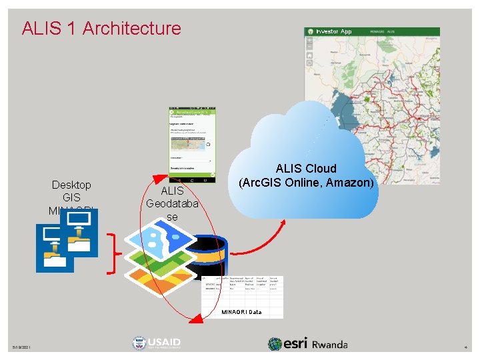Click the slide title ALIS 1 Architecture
pyautogui.click(x=101, y=29)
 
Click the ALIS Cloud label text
pyautogui.click(x=307, y=169)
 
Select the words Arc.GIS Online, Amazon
pyautogui.click(x=307, y=181)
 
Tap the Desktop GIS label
pyautogui.click(x=71, y=191)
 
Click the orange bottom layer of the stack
pyautogui.click(x=153, y=276)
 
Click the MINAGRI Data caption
pyautogui.click(x=241, y=312)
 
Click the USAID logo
pyautogui.click(x=157, y=343)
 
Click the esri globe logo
pyautogui.click(x=275, y=344)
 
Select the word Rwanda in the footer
pyautogui.click(x=329, y=345)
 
